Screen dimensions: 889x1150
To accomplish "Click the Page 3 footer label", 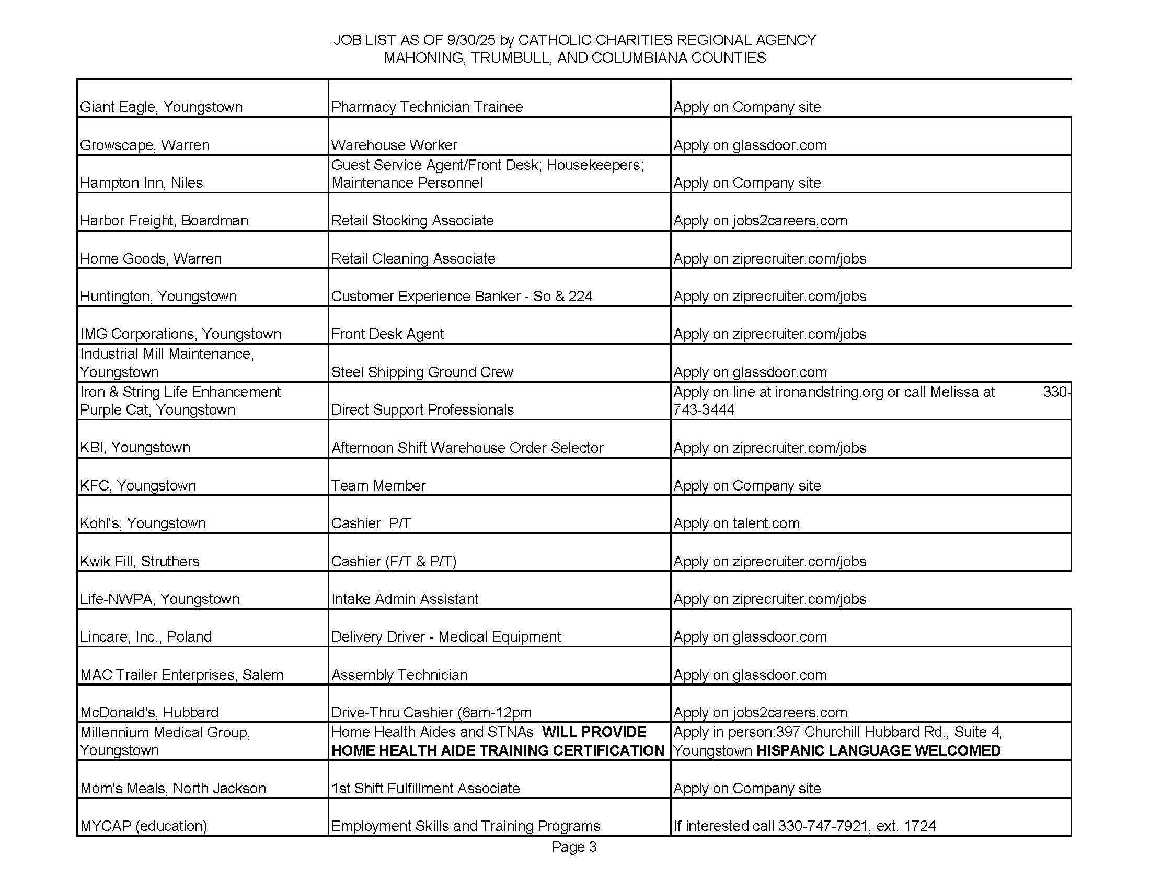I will tap(573, 847).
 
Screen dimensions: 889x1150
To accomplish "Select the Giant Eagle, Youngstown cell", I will tap(161, 107).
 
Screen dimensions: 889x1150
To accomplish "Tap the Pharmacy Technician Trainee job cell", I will tap(427, 107).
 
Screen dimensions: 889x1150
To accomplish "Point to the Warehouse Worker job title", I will tap(394, 145).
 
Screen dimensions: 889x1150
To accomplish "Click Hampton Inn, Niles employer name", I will tap(141, 183).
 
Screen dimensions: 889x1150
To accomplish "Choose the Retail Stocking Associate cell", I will tap(412, 220).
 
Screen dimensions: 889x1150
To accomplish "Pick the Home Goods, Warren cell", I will tap(151, 258).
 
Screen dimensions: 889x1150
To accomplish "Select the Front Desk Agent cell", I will tap(387, 334).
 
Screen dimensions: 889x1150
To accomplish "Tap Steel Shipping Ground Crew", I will tap(422, 372).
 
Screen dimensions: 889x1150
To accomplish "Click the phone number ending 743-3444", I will tap(704, 410).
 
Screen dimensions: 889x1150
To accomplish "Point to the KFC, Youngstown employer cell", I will tap(138, 485).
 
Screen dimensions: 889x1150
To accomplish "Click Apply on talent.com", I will tap(736, 523).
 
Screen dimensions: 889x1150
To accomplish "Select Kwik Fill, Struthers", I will tap(140, 561).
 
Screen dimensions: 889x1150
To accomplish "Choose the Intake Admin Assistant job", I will tap(405, 599).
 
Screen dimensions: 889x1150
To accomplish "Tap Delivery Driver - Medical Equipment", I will tap(446, 637).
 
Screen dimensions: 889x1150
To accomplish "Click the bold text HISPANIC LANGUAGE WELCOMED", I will tap(878, 750).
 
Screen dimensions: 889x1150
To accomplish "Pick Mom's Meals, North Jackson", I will tap(173, 788).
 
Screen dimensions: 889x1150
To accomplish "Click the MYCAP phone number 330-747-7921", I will tap(822, 826).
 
